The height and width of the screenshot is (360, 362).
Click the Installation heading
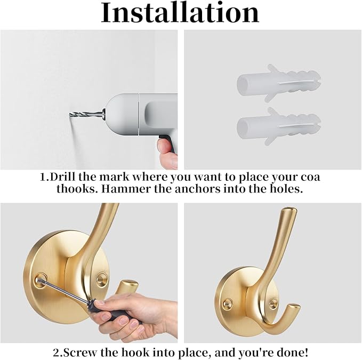180,12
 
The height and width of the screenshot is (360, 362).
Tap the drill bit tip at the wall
69,114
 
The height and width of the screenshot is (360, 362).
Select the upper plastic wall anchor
279,83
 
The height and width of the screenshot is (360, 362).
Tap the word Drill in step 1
63,177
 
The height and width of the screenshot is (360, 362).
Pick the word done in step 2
295,353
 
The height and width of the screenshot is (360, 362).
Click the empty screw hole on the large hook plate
102,279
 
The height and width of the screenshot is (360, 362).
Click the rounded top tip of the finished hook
289,210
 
